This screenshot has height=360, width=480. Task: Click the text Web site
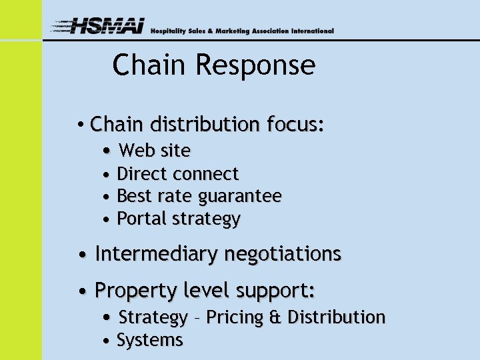click(x=155, y=151)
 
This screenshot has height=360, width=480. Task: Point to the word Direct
click(x=141, y=174)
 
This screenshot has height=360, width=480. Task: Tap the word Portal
click(x=141, y=219)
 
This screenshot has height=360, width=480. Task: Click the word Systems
click(x=149, y=341)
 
